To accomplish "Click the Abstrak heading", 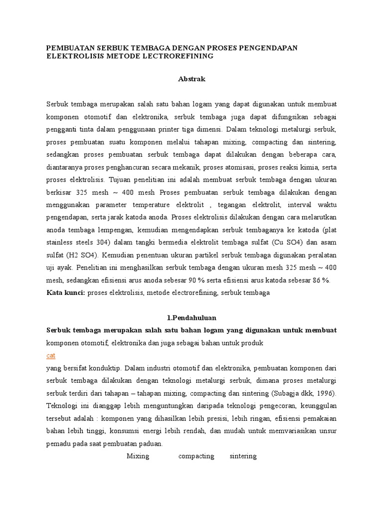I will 191,79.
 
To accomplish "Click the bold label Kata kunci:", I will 66,293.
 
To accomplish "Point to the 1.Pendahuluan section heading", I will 191,318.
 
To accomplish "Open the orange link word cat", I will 51,356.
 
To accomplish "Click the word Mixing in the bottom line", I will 138,456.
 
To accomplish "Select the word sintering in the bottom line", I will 243,456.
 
